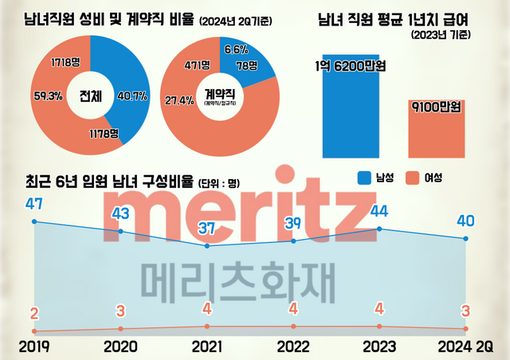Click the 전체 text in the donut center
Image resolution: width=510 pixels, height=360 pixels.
89,96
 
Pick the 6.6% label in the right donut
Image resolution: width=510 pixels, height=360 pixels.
237,49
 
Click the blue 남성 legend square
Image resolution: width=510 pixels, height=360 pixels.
366,177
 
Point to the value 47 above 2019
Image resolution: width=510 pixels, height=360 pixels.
33,204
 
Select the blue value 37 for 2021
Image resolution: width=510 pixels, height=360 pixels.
207,229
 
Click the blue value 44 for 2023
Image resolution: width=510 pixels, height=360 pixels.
379,211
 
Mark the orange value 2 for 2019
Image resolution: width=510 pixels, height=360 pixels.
33,313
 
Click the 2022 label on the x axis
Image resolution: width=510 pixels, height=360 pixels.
293,346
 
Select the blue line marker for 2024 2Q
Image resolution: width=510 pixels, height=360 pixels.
466,239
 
